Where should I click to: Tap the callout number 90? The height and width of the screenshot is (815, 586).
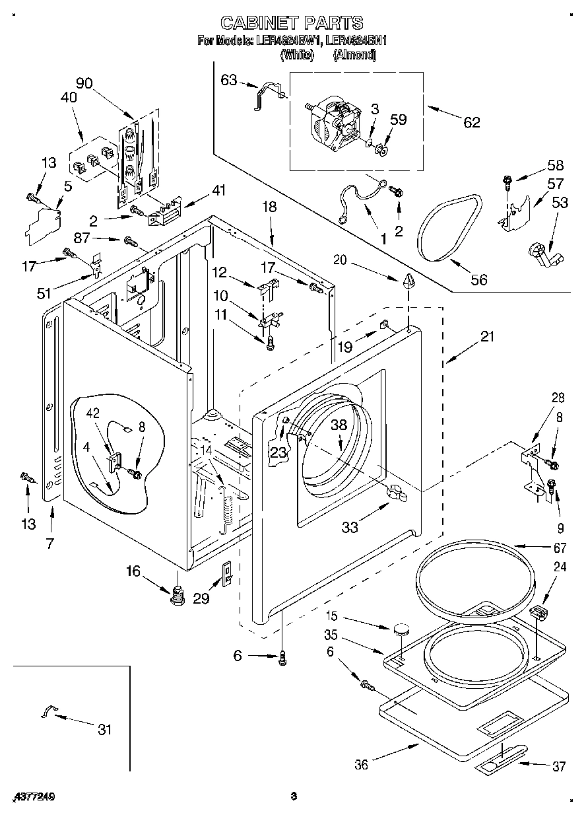tap(84, 83)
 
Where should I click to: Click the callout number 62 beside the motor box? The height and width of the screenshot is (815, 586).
tap(471, 122)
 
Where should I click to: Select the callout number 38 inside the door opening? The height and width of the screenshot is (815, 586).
tap(339, 426)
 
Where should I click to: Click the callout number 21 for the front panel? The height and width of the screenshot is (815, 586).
tap(486, 336)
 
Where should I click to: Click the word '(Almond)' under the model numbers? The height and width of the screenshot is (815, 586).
tap(354, 55)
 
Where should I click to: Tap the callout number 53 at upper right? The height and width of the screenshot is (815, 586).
tap(560, 202)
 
